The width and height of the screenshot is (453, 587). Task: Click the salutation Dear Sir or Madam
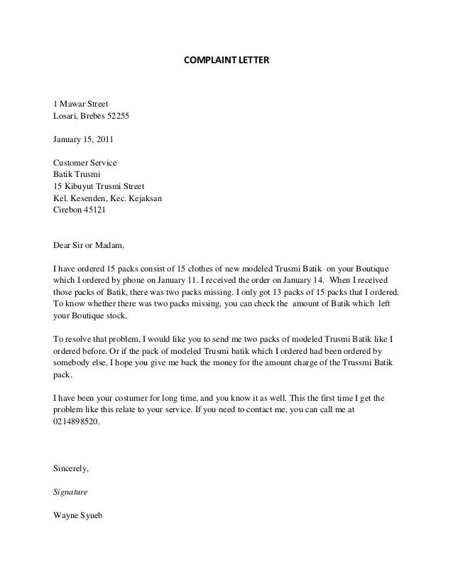[x=89, y=247]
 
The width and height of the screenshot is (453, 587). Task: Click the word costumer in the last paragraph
[x=129, y=399]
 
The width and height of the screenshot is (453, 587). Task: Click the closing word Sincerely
[x=71, y=469]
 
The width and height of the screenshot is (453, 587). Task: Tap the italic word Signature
[x=71, y=491]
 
